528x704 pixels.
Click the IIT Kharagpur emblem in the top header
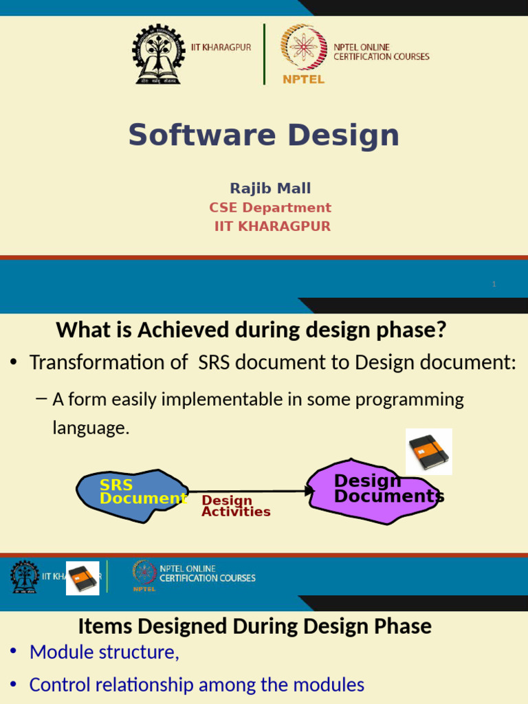[x=158, y=54]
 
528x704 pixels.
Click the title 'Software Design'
[x=264, y=135]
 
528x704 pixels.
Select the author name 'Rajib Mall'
[x=270, y=188]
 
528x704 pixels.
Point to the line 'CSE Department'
[x=270, y=208]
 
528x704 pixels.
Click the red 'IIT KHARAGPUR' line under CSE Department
[x=272, y=226]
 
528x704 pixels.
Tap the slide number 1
[x=494, y=284]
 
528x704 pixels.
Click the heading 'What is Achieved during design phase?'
[x=251, y=330]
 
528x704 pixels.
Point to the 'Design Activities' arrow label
[x=235, y=507]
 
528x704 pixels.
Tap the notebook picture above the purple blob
[x=428, y=452]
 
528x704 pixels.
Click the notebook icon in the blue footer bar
[x=82, y=577]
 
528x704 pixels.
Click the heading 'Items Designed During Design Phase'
[x=254, y=626]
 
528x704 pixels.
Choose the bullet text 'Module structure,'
[x=104, y=652]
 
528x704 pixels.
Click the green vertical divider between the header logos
[x=265, y=54]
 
